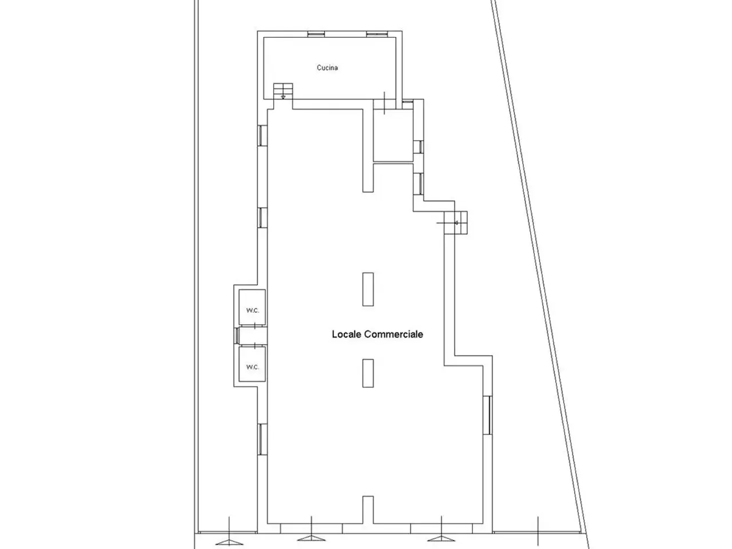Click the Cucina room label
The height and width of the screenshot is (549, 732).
pos(327,67)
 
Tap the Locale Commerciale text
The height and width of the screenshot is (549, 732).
pos(377,335)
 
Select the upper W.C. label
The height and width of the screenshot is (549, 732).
pos(253,311)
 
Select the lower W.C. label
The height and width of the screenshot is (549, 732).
pos(253,367)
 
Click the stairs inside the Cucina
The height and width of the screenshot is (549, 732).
pos(283,91)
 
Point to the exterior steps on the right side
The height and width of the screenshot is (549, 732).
pos(456,222)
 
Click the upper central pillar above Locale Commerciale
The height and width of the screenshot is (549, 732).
pos(368,289)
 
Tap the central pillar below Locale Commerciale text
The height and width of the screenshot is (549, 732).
pos(368,373)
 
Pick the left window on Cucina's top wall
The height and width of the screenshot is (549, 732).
pos(316,34)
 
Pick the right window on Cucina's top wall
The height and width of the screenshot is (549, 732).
pos(377,34)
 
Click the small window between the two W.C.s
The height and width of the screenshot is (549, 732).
pos(236,336)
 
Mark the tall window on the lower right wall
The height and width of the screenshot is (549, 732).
pos(488,415)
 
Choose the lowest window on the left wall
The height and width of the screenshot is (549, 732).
pos(262,439)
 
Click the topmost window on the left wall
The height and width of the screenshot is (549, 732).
pos(262,136)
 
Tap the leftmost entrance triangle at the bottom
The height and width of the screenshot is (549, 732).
pos(229,542)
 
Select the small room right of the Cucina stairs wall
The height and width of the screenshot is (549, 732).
pos(393,136)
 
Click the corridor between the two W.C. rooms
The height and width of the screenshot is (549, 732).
pos(253,336)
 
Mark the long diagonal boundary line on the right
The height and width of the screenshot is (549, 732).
pos(541,273)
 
